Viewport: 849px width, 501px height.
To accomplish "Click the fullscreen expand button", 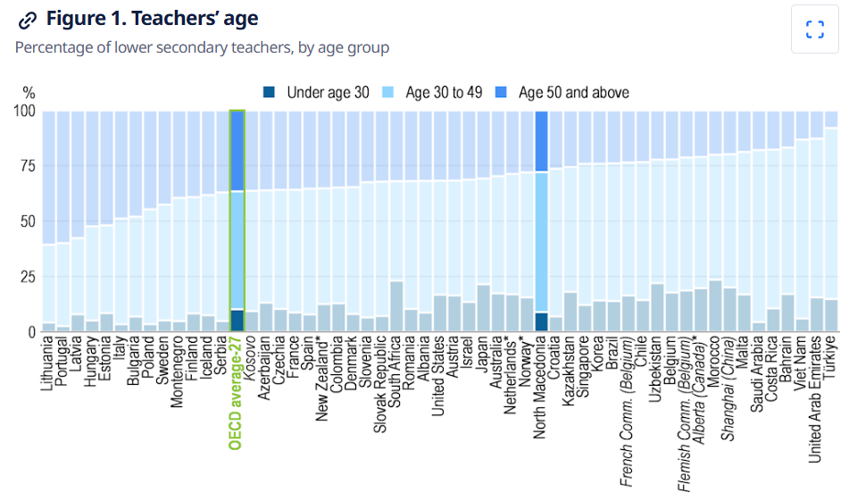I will tap(814, 29).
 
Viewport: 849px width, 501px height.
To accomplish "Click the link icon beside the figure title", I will tap(29, 20).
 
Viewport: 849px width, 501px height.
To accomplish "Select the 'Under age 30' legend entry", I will tap(317, 92).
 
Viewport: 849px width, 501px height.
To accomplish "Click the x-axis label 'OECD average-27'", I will tap(237, 394).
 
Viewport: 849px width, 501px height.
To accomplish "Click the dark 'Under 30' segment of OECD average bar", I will tap(237, 321).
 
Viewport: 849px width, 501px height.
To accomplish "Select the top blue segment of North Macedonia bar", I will tap(541, 141).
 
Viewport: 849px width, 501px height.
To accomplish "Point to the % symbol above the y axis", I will tap(29, 92).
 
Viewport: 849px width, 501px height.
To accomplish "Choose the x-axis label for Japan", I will tap(483, 356).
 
